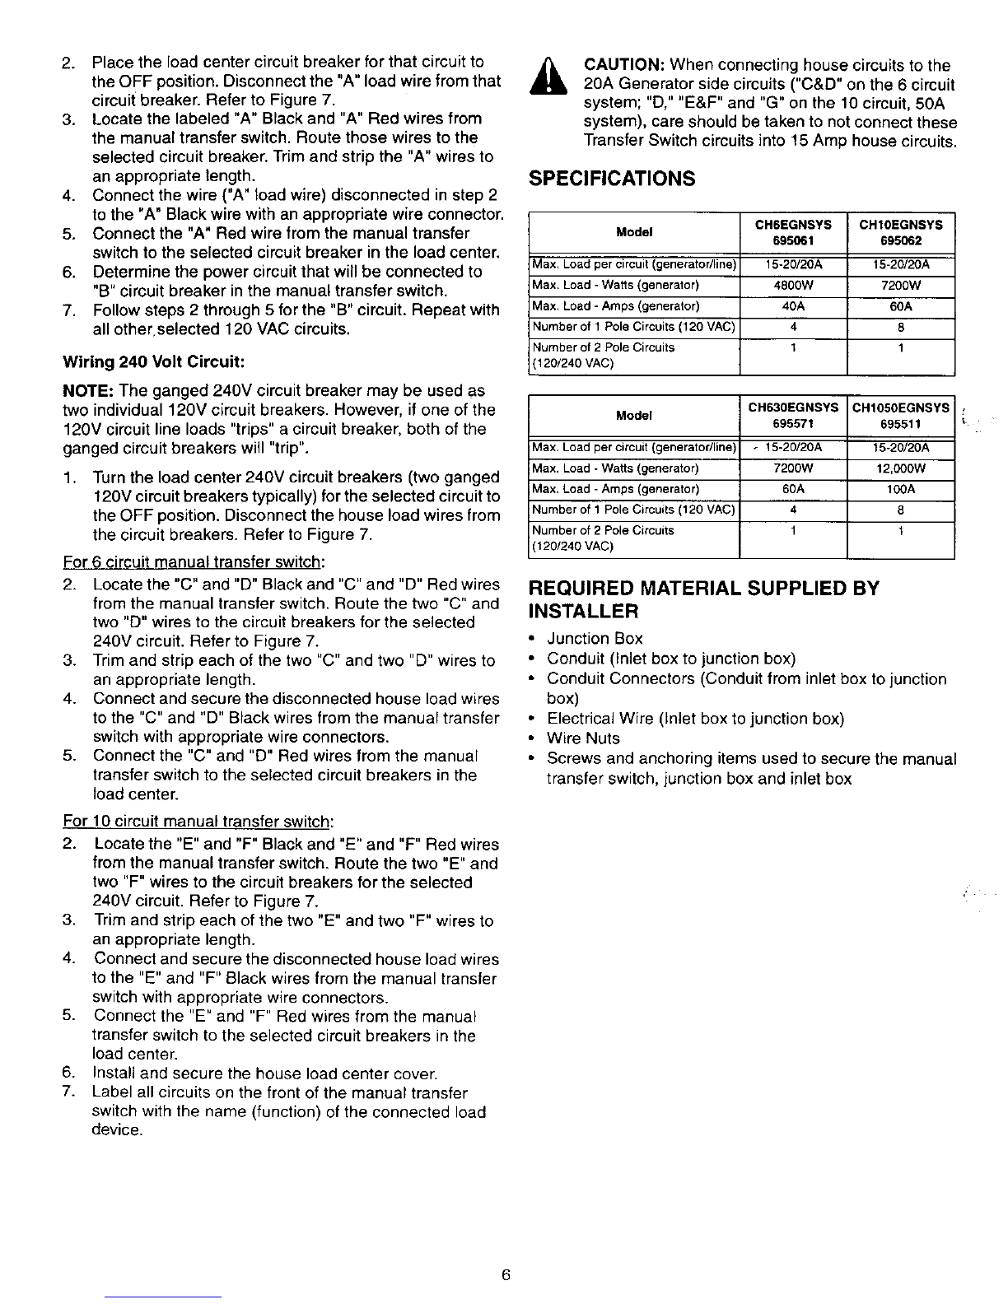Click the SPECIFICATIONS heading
[611, 179]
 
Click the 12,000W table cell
[902, 468]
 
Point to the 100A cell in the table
[902, 489]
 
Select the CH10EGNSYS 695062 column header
[901, 233]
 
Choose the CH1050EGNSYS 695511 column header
[902, 416]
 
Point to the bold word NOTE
[86, 390]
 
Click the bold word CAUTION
[623, 65]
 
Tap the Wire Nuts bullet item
[583, 738]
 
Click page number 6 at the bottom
[506, 1275]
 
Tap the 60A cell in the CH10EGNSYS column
[901, 306]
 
